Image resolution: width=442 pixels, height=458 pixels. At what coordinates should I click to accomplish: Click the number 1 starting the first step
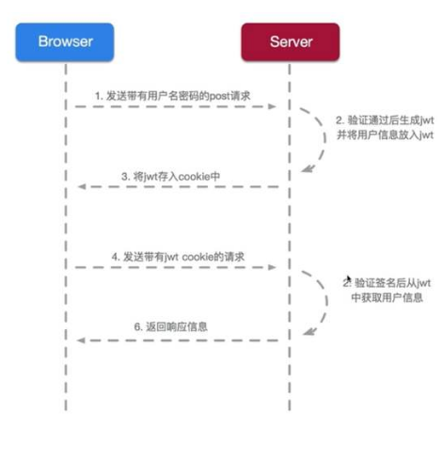(x=97, y=96)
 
